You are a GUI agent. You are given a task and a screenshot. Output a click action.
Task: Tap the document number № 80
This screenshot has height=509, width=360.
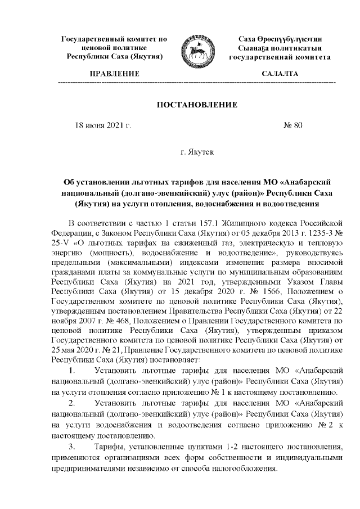tap(293, 125)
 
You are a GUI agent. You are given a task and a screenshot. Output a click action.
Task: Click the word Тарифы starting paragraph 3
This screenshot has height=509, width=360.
tap(110, 446)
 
